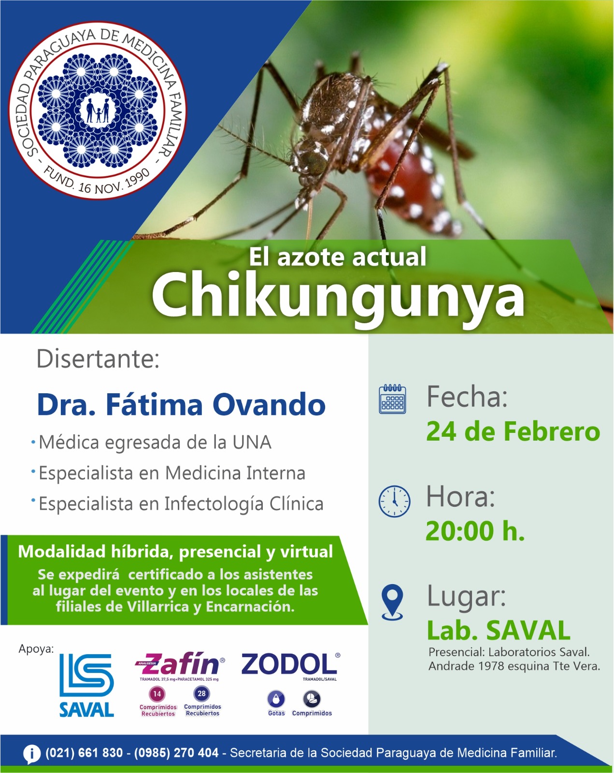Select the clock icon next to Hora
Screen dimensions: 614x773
[395, 501]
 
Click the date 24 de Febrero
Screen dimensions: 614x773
[513, 431]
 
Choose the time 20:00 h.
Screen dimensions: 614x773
[475, 531]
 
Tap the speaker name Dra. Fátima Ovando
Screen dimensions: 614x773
[182, 404]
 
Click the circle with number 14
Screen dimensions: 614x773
[157, 694]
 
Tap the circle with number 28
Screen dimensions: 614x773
[201, 693]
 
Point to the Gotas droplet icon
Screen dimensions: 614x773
[276, 699]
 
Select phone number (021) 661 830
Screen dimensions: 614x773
[84, 753]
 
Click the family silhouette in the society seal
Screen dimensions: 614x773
[98, 110]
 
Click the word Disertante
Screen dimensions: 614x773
[98, 358]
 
